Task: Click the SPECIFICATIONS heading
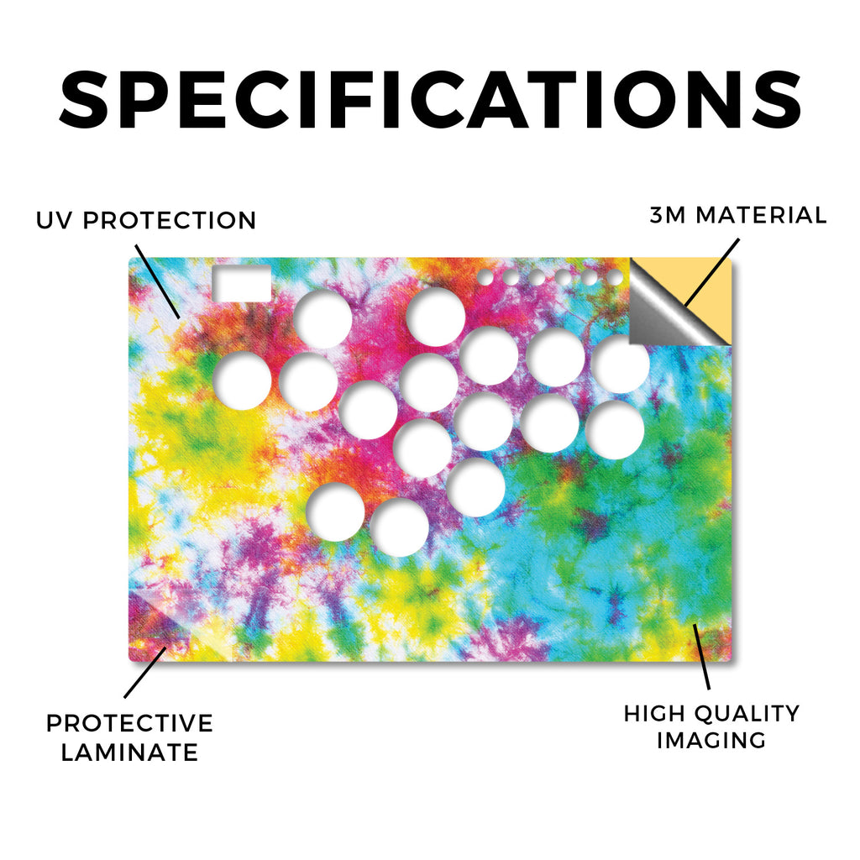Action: point(430,100)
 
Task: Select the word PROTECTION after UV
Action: point(170,221)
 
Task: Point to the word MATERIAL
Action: point(761,215)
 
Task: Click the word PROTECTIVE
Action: point(129,723)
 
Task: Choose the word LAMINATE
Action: point(129,752)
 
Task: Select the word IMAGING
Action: point(711,741)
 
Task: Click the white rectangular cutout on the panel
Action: point(242,284)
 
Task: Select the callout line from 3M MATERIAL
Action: point(712,273)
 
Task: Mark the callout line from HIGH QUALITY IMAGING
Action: point(701,657)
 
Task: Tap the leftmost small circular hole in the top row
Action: point(485,277)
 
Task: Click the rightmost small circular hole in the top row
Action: point(615,277)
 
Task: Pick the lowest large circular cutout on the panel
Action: point(399,527)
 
